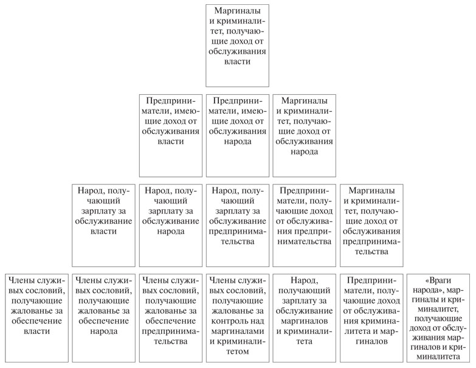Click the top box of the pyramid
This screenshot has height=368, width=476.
(237, 46)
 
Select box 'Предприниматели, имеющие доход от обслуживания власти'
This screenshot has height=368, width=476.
(170, 134)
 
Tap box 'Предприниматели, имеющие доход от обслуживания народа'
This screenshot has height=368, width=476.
(237, 134)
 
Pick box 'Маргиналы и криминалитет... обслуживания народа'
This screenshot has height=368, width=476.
(304, 134)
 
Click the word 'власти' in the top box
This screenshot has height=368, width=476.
(237, 63)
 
